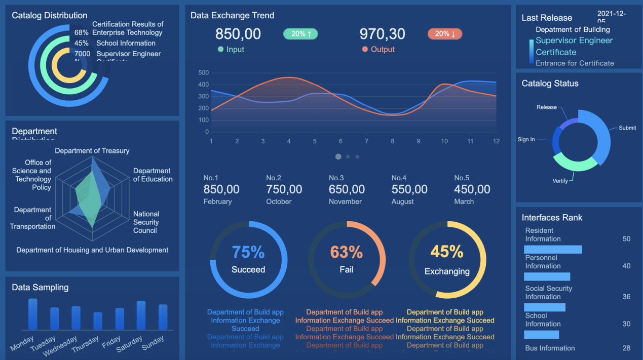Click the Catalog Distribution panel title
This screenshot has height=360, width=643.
pyautogui.click(x=50, y=16)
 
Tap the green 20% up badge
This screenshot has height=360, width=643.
pyautogui.click(x=300, y=34)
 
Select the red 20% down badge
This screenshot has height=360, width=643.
pyautogui.click(x=445, y=34)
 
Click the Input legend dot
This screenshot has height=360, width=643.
pyautogui.click(x=220, y=50)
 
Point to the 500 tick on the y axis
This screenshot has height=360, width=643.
pyautogui.click(x=203, y=72)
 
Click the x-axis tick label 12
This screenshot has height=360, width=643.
pyautogui.click(x=496, y=141)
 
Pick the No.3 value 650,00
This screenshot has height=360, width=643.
pyautogui.click(x=347, y=189)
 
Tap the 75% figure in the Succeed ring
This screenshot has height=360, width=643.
pyautogui.click(x=248, y=252)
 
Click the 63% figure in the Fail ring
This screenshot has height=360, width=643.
pyautogui.click(x=347, y=252)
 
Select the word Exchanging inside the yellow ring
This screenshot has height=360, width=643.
pyautogui.click(x=447, y=271)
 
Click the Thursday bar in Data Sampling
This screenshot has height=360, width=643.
pyautogui.click(x=98, y=321)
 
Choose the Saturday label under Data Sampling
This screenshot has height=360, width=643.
pyautogui.click(x=130, y=344)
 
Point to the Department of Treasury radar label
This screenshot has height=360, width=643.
pyautogui.click(x=92, y=151)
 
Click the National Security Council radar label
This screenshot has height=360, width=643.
pyautogui.click(x=146, y=222)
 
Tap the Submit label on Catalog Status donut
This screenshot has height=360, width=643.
pyautogui.click(x=627, y=128)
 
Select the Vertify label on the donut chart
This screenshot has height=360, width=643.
pyautogui.click(x=560, y=181)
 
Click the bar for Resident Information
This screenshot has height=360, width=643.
pyautogui.click(x=553, y=250)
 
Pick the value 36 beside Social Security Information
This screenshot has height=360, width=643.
pyautogui.click(x=626, y=297)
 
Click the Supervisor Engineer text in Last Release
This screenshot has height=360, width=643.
pyautogui.click(x=574, y=41)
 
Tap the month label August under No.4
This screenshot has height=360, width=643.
pyautogui.click(x=403, y=202)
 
